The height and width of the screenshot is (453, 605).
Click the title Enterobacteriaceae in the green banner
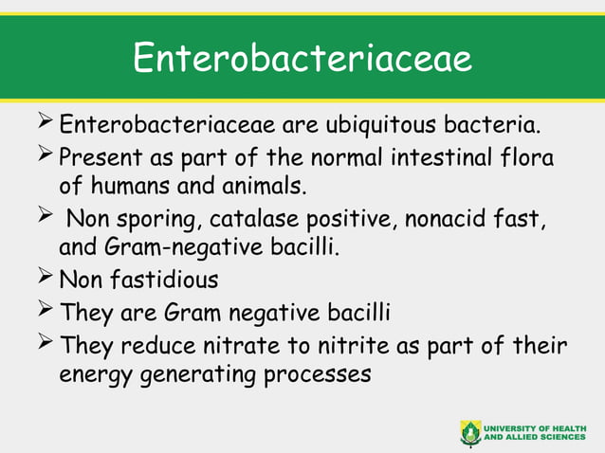(x=302, y=58)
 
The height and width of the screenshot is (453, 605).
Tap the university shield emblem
(x=469, y=432)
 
